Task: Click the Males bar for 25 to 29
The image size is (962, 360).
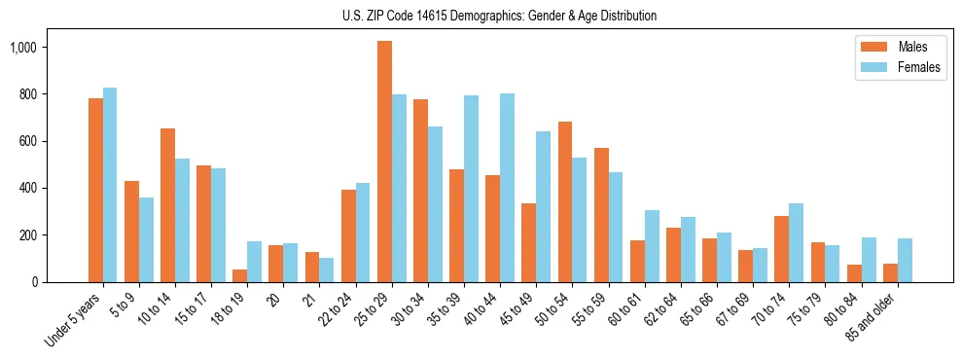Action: [384, 162]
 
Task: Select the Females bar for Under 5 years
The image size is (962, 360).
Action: [110, 185]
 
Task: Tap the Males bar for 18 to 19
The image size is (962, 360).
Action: [239, 275]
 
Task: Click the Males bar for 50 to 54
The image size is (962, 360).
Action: [564, 201]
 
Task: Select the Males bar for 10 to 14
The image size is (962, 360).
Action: [167, 205]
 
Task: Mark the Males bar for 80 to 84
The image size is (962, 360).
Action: [854, 273]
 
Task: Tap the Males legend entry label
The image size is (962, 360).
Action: [912, 47]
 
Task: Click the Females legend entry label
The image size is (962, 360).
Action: [919, 68]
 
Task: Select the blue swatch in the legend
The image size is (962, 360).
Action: [870, 68]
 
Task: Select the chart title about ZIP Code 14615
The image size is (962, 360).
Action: [499, 16]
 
